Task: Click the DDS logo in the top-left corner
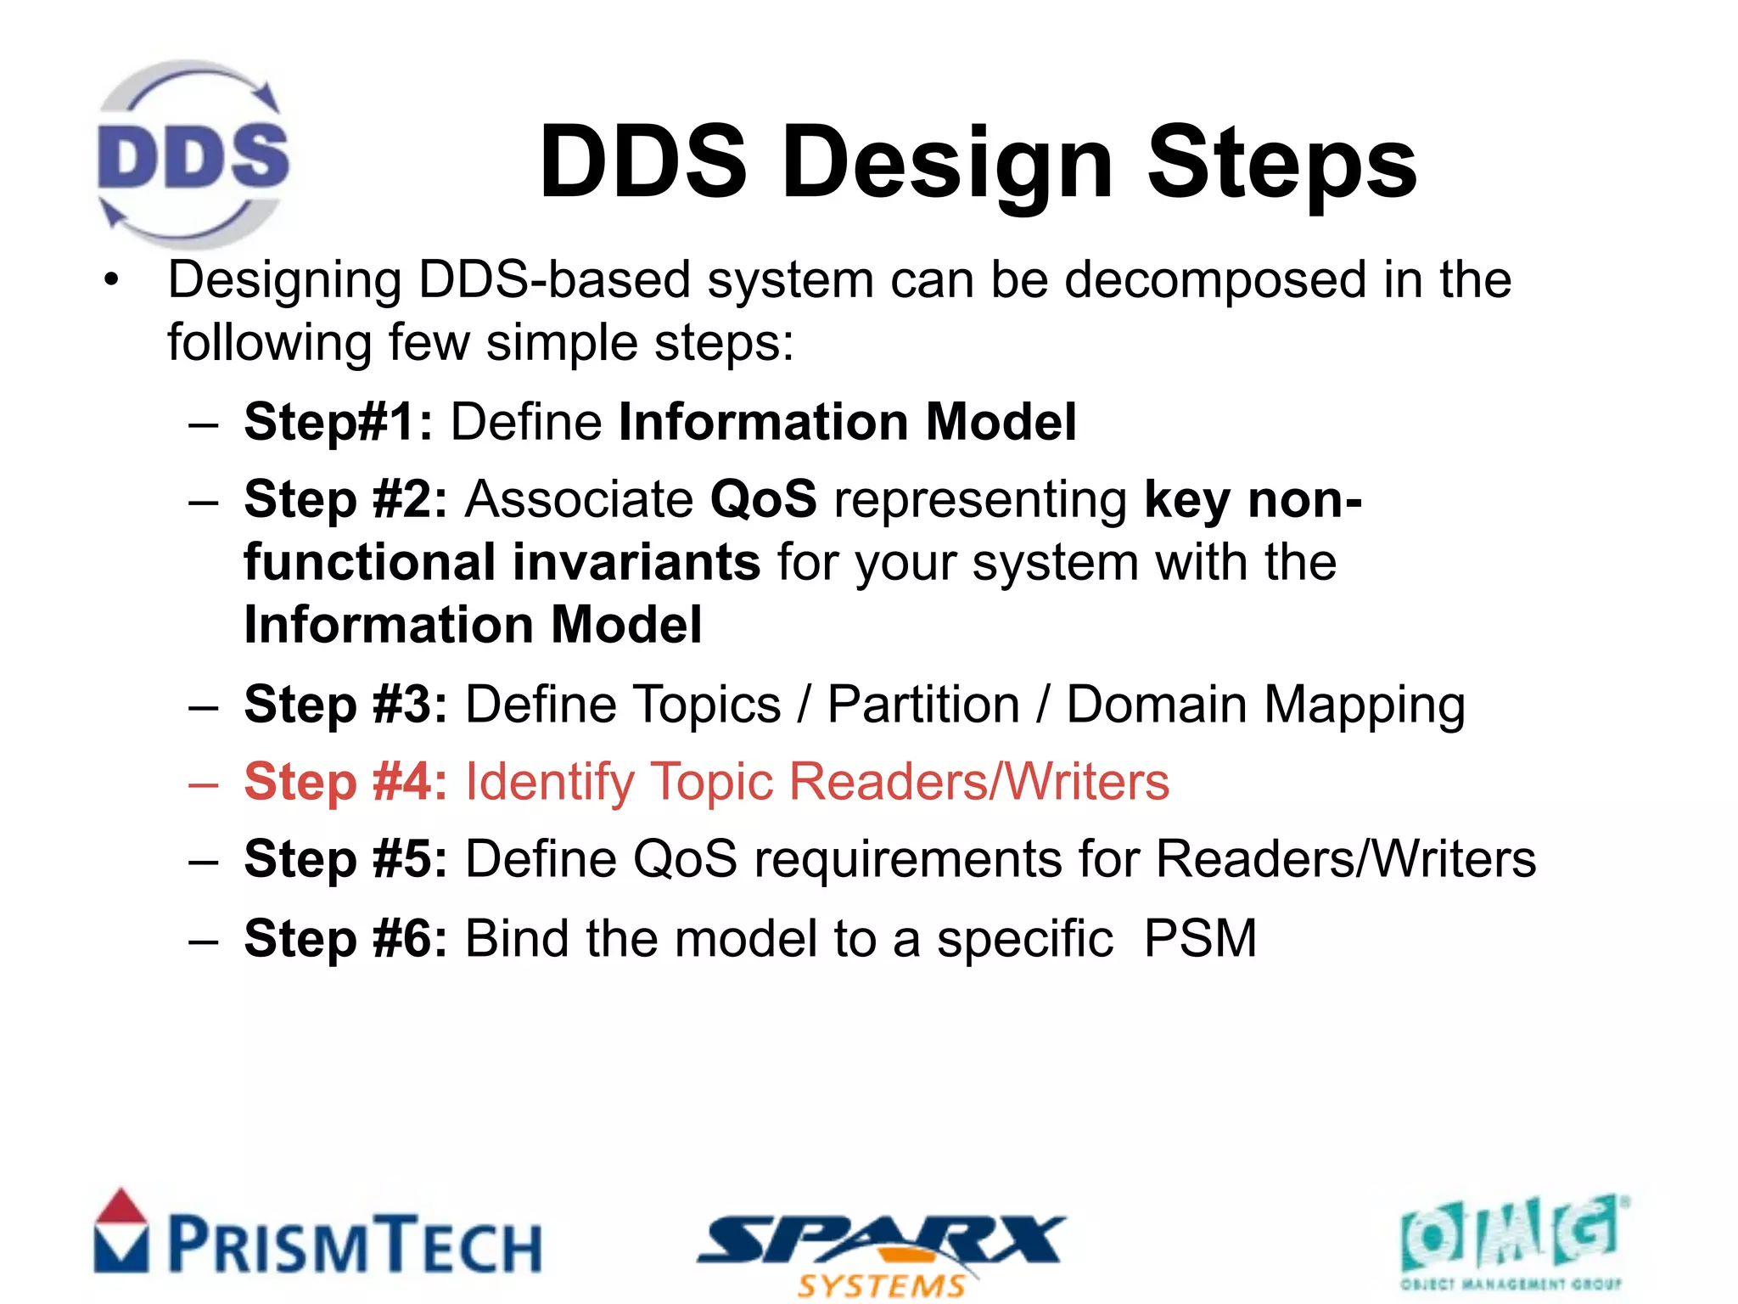[193, 154]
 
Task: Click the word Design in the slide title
[947, 163]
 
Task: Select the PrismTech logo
[318, 1236]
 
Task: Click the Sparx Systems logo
[881, 1253]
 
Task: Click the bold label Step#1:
[339, 422]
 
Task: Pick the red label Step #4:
[345, 782]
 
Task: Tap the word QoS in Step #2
[763, 499]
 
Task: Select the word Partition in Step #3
[923, 705]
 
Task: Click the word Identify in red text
[550, 783]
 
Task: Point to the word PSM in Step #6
[1200, 939]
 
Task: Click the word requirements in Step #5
[908, 860]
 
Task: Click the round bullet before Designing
[111, 281]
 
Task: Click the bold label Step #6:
[345, 939]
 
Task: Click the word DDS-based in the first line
[554, 280]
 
